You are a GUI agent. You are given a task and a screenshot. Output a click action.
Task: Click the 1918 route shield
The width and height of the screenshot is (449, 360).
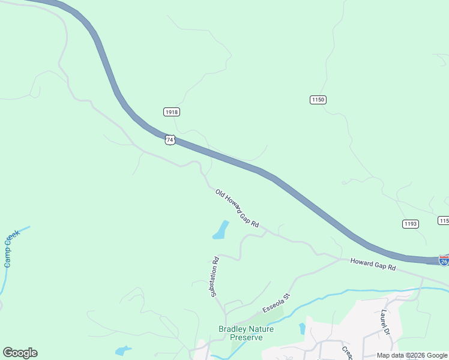[171, 112]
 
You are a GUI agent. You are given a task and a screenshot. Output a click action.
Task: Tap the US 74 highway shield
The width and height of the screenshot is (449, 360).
[170, 139]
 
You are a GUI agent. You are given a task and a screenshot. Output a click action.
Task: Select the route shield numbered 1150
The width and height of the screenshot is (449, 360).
[318, 100]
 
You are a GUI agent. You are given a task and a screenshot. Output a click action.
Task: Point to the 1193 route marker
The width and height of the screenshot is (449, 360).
[410, 224]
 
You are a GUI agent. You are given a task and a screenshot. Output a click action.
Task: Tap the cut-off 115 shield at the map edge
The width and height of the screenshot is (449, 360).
[444, 221]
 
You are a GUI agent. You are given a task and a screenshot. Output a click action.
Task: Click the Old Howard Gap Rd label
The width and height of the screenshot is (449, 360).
[237, 208]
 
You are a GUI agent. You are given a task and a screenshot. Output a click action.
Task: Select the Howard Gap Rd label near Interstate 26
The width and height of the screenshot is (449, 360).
[373, 263]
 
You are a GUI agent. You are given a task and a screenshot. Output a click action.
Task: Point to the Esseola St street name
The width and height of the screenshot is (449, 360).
[276, 303]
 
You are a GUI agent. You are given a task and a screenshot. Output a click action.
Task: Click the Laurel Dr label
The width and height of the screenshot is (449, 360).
[385, 322]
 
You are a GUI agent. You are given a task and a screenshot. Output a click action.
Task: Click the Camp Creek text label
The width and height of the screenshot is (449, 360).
[11, 248]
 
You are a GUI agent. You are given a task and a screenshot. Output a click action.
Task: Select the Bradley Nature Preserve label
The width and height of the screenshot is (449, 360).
[246, 333]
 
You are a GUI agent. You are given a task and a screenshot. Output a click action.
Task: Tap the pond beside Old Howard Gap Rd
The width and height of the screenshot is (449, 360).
[221, 230]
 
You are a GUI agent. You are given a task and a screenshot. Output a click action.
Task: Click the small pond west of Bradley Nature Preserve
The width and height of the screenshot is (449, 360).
[123, 350]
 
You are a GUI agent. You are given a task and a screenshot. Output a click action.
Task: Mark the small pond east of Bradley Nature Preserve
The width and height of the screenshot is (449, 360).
[302, 328]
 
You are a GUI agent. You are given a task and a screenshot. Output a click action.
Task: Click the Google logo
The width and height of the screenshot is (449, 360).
[20, 353]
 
